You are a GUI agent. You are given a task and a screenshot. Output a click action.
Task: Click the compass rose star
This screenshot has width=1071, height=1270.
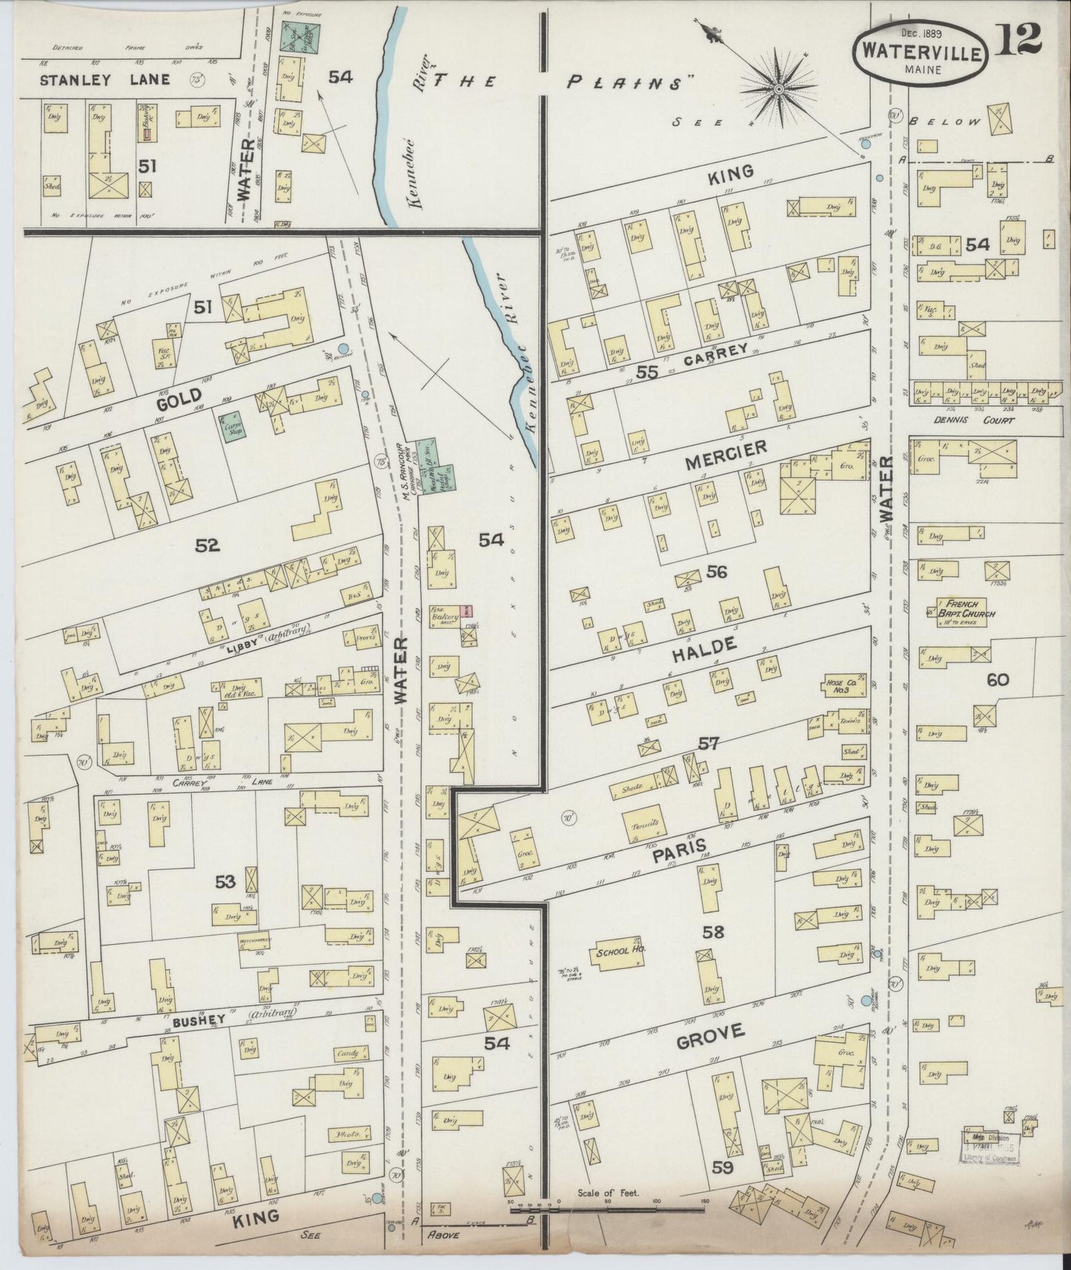coord(778,89)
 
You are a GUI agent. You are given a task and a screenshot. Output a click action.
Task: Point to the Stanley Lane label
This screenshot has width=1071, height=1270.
coord(105,79)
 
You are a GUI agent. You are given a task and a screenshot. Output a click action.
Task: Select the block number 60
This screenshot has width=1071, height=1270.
coord(998,679)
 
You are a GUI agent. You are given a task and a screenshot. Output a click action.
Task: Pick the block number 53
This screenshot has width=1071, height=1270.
coord(225,881)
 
